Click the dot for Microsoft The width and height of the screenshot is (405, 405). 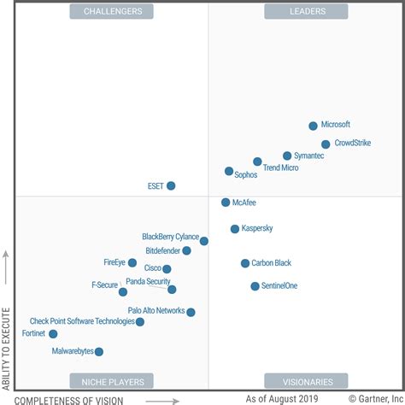click(x=313, y=126)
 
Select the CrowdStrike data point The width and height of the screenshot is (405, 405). click(x=326, y=144)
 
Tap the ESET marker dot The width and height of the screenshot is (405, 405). click(x=171, y=185)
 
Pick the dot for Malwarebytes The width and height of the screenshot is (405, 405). click(x=99, y=351)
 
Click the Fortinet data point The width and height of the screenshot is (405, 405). click(x=53, y=334)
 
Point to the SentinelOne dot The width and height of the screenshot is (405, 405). click(x=255, y=286)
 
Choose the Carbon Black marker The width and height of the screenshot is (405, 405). click(x=245, y=263)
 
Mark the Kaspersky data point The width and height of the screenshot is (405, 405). click(x=235, y=229)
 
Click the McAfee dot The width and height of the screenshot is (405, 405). click(x=226, y=202)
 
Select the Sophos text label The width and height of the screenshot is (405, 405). click(x=246, y=174)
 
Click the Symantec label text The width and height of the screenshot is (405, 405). click(x=309, y=156)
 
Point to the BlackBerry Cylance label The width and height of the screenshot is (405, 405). click(x=170, y=237)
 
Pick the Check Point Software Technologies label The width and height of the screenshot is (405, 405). click(x=82, y=321)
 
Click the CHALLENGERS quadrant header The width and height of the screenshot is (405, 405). click(x=113, y=11)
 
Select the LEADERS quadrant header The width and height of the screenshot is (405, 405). click(x=306, y=11)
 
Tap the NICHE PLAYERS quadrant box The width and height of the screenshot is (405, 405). click(x=113, y=381)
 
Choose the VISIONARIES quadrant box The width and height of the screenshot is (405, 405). click(x=306, y=381)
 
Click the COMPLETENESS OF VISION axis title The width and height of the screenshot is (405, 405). click(x=69, y=399)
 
